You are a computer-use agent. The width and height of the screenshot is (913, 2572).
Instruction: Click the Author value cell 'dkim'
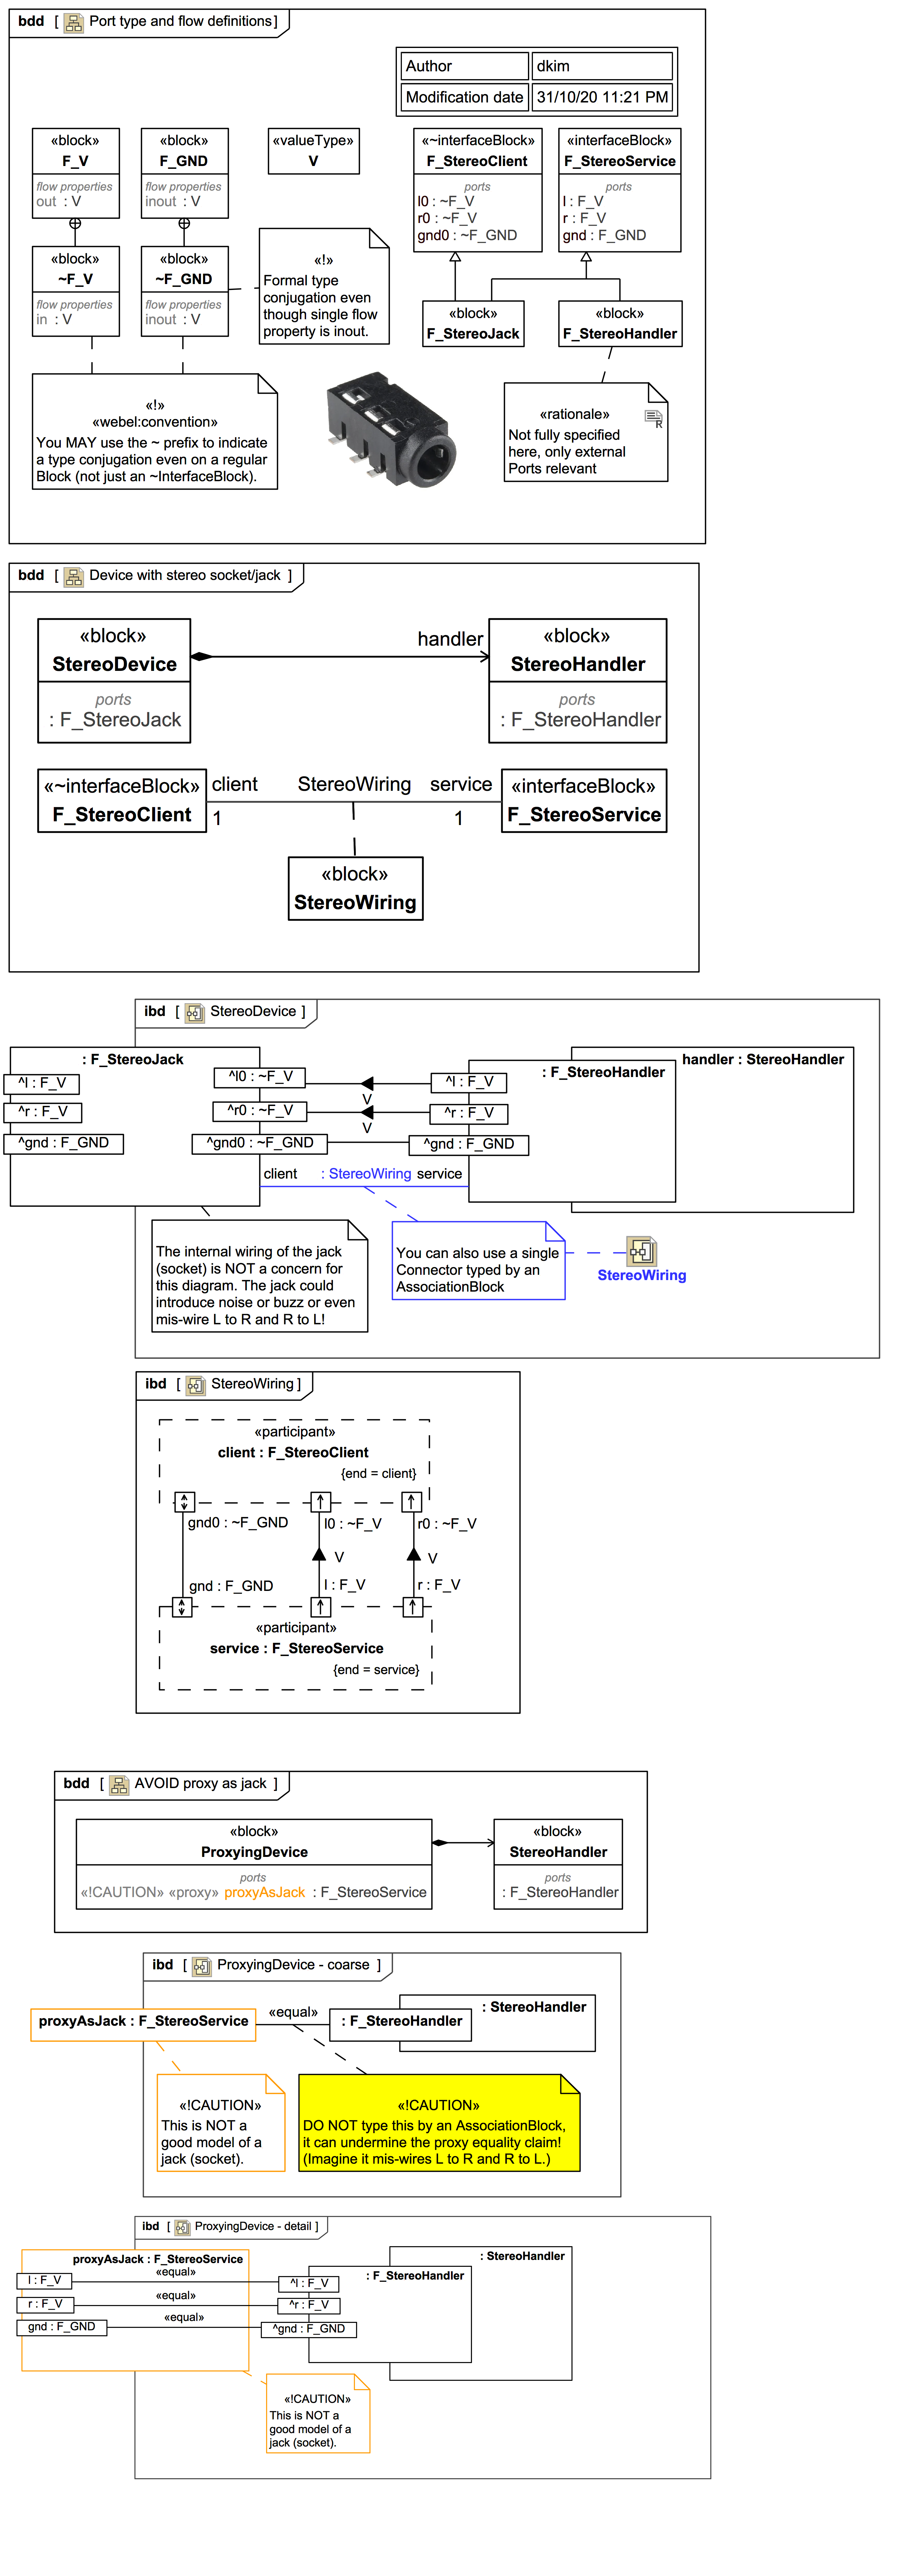point(602,66)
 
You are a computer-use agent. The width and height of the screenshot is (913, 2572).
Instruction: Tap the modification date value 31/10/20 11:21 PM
point(602,97)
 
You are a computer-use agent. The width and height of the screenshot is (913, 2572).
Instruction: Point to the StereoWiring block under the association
point(355,889)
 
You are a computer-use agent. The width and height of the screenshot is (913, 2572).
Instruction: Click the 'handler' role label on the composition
point(450,639)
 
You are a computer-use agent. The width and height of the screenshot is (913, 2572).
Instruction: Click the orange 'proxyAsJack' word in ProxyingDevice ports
point(264,1892)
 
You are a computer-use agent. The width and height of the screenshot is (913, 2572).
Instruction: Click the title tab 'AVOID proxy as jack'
point(200,1783)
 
